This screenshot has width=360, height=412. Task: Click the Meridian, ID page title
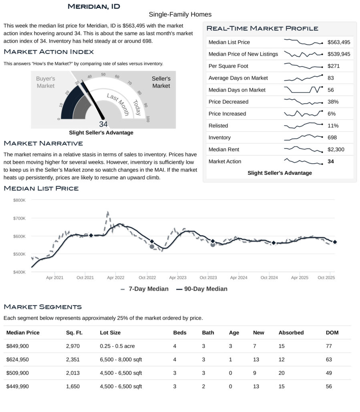click(94, 6)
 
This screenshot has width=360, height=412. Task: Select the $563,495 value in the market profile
click(339, 42)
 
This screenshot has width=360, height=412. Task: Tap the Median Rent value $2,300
click(336, 150)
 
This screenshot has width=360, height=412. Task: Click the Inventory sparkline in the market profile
click(303, 138)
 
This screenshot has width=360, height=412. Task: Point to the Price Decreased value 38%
click(333, 102)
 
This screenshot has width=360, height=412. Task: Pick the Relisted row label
click(218, 126)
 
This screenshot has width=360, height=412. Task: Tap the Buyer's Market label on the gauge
click(45, 82)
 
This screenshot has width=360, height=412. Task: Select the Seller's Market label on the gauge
click(161, 82)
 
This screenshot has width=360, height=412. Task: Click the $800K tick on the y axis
click(19, 200)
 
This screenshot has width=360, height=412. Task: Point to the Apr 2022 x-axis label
click(116, 278)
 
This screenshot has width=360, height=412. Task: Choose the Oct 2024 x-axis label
click(269, 278)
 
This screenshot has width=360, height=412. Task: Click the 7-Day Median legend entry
click(144, 289)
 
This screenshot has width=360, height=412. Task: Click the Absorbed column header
click(291, 332)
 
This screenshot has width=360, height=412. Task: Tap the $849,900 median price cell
click(18, 346)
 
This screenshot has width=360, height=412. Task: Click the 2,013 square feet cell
click(73, 373)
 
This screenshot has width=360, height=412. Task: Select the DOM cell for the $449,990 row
click(329, 386)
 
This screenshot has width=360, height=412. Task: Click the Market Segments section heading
click(42, 307)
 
